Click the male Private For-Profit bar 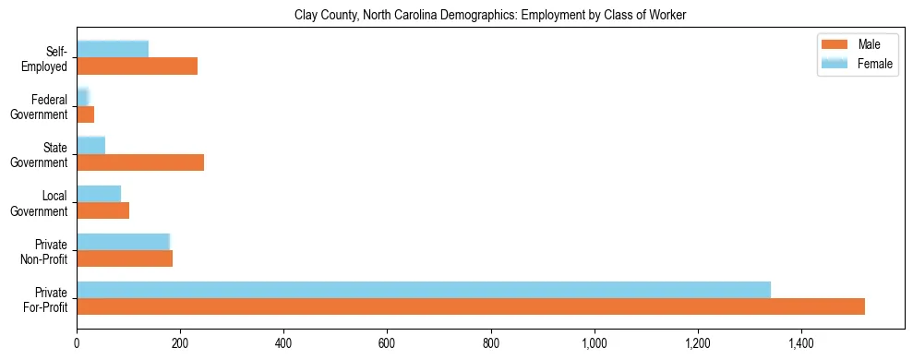click(471, 306)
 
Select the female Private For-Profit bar click(424, 290)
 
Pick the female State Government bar click(91, 145)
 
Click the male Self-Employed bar click(138, 66)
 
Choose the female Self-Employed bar click(113, 49)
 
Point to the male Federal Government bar click(86, 114)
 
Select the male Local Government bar click(103, 210)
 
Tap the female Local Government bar click(99, 193)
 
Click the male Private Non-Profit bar click(125, 258)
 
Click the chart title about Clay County click(490, 16)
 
